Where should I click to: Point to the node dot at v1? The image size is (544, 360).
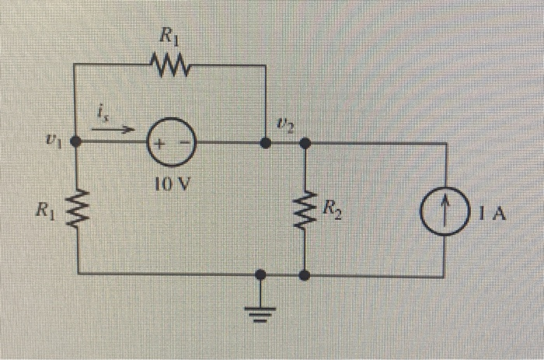(x=76, y=142)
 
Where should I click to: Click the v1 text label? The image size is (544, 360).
(x=51, y=142)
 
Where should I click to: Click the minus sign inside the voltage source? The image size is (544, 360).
(x=186, y=144)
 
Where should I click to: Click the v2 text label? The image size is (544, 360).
(x=284, y=124)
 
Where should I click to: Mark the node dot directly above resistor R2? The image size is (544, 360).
(x=305, y=143)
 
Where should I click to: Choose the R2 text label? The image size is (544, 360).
(x=333, y=207)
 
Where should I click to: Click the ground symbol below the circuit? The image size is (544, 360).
(x=261, y=312)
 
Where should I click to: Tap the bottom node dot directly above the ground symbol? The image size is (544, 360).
(x=261, y=274)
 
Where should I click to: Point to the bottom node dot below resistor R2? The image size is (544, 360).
(x=305, y=274)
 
